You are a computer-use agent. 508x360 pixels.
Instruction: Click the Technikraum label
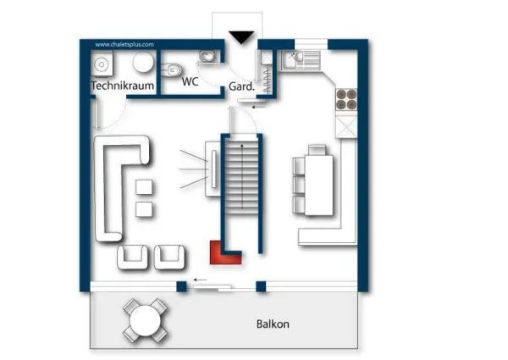click(123, 86)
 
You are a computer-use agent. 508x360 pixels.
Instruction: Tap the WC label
click(190, 81)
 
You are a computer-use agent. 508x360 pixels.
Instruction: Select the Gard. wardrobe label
click(241, 86)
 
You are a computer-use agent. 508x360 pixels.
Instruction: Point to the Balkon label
click(273, 324)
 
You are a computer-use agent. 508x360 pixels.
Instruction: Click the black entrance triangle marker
click(241, 37)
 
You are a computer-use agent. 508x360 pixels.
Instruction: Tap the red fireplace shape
click(224, 253)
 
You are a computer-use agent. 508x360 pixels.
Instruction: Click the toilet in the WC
click(172, 69)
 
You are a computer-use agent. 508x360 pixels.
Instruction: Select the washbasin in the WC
click(207, 57)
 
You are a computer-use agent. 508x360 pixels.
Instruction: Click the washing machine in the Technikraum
click(102, 64)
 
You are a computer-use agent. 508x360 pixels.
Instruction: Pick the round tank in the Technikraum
click(143, 62)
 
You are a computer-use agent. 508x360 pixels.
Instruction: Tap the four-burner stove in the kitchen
click(346, 99)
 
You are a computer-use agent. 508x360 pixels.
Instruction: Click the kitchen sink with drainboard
click(301, 60)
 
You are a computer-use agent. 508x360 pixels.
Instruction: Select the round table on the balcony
click(145, 321)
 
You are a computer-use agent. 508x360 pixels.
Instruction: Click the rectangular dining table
click(319, 186)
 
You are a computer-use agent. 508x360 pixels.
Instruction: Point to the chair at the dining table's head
click(317, 150)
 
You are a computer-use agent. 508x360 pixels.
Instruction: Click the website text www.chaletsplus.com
click(124, 44)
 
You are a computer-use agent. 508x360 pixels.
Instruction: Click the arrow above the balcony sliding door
click(200, 280)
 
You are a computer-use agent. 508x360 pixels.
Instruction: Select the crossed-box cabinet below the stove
click(346, 127)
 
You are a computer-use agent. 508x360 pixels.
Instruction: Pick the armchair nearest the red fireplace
click(169, 258)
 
